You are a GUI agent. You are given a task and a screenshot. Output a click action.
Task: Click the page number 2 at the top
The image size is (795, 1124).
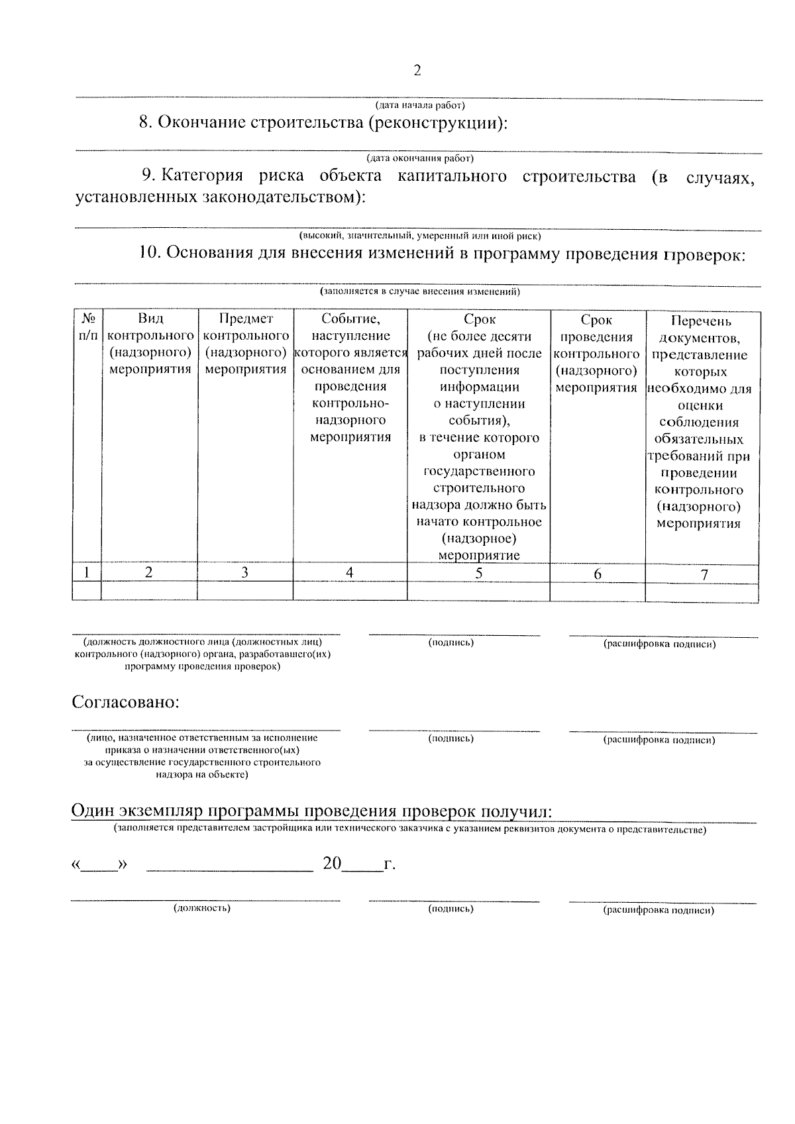[x=417, y=70]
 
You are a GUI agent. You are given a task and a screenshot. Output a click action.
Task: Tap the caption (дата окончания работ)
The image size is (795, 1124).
[x=420, y=158]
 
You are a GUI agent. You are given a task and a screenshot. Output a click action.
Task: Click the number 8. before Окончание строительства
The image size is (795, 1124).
[x=146, y=123]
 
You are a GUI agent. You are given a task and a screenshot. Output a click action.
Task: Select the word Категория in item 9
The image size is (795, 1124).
[x=202, y=176]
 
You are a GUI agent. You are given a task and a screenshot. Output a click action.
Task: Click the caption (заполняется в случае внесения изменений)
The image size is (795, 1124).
[x=420, y=291]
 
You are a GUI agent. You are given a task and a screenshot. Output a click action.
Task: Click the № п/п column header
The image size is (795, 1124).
[x=87, y=327]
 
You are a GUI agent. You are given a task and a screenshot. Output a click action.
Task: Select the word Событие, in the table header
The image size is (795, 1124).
[x=350, y=319]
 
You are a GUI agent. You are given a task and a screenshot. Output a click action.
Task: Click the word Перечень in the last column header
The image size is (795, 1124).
[x=701, y=321]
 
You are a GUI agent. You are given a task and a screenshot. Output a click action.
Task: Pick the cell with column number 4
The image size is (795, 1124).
[x=350, y=573]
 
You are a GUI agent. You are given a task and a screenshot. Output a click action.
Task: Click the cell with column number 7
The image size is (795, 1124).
[x=703, y=575]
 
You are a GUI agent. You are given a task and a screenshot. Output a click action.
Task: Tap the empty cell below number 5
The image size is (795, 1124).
[x=478, y=591]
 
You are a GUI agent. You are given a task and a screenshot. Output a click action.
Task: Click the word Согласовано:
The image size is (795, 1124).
[x=126, y=702]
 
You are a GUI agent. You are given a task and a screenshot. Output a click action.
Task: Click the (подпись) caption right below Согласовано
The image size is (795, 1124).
[x=451, y=738]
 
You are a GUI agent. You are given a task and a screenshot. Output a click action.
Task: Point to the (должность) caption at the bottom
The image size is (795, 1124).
[x=202, y=908]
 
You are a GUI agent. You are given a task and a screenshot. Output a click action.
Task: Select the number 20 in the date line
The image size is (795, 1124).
[x=332, y=864]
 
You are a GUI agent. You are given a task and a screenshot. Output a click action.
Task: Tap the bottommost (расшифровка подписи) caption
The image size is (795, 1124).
[x=659, y=910]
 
